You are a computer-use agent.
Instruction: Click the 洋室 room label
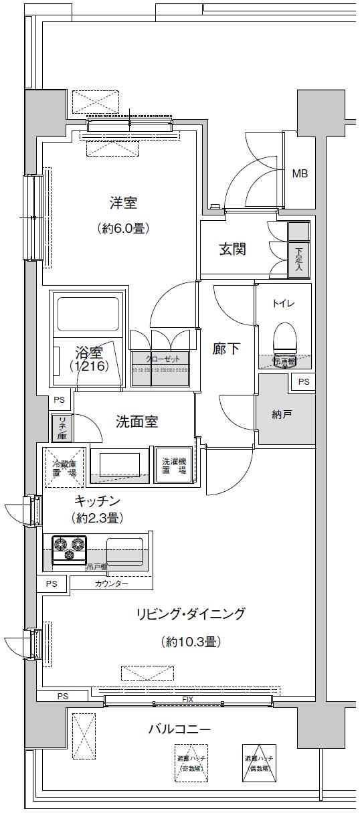(123, 202)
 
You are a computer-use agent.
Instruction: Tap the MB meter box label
(300, 174)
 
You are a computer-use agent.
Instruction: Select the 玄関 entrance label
(232, 250)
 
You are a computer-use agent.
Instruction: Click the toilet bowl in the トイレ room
(284, 338)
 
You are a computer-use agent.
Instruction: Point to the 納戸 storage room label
(282, 415)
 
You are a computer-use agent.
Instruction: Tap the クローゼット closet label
(163, 359)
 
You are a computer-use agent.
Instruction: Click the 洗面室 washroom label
(137, 422)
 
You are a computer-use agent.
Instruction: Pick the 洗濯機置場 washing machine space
(173, 466)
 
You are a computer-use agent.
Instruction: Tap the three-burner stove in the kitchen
(70, 548)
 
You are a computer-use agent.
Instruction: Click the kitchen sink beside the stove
(124, 551)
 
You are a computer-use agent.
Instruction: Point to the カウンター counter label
(111, 583)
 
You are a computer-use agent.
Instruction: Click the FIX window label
(187, 699)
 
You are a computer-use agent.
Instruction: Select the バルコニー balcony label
(179, 728)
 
